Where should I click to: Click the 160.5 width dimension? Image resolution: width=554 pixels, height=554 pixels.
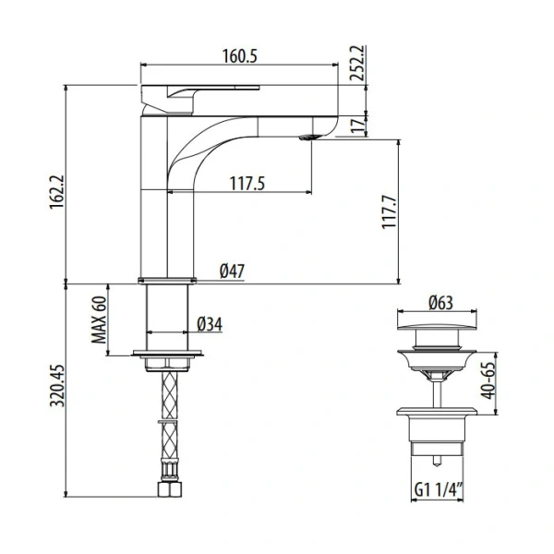(x=239, y=56)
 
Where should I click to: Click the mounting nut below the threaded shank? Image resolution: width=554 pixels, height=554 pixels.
(x=167, y=358)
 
